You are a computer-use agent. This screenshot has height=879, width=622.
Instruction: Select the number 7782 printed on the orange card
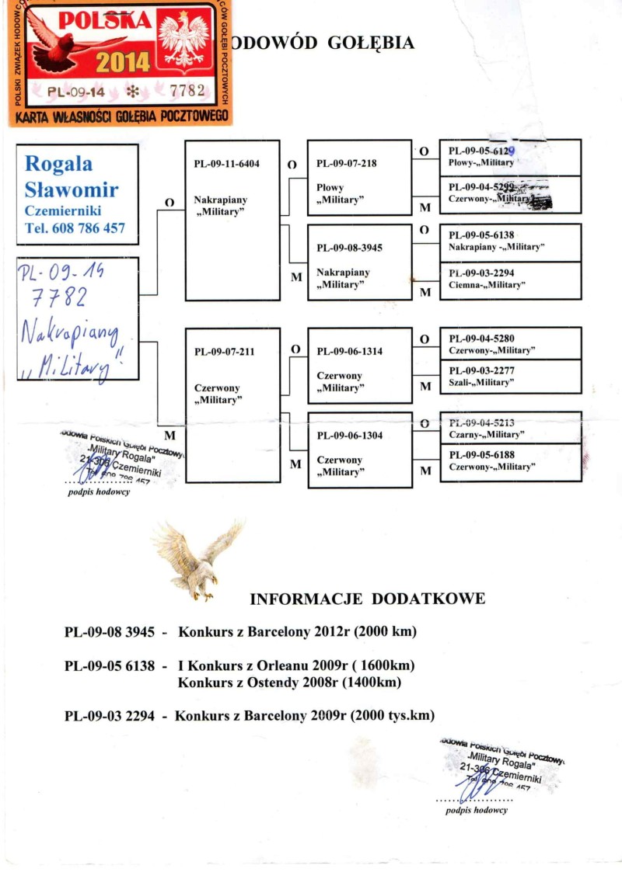[x=187, y=91]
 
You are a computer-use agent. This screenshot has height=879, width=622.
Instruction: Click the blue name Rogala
[x=58, y=163]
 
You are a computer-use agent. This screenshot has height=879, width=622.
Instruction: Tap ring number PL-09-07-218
[x=348, y=164]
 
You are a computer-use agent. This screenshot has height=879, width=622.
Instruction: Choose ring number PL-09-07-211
[x=224, y=352]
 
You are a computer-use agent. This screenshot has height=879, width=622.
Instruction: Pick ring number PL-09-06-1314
[x=351, y=351]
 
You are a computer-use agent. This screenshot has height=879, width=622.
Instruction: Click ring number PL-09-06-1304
[x=351, y=436]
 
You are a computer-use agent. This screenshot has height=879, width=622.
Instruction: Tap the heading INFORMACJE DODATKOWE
[x=368, y=599]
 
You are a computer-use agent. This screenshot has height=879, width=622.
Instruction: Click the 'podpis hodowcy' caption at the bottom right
[x=476, y=810]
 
